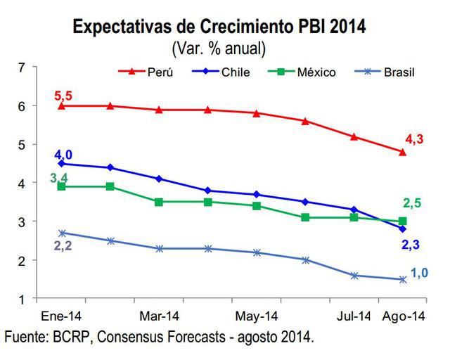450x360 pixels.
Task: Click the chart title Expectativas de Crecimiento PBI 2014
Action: (219, 28)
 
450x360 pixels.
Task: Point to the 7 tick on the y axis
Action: (21, 67)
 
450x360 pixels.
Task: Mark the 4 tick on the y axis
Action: (21, 183)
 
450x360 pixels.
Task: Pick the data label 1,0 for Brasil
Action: (420, 272)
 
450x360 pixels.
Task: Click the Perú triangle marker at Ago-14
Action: (403, 152)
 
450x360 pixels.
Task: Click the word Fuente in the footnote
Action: (27, 337)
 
